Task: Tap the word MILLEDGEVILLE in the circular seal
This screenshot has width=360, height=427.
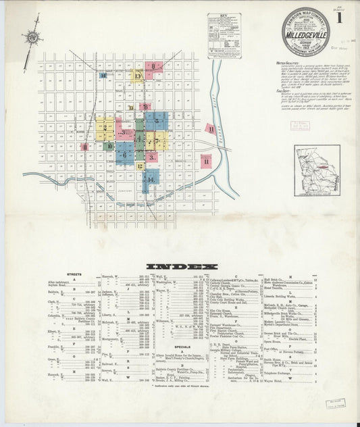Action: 305,30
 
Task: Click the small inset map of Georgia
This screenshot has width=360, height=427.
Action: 317,170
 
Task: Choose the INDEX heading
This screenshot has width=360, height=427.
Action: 182,266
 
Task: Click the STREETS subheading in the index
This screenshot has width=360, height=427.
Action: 74,275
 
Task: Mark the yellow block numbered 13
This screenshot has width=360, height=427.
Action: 137,76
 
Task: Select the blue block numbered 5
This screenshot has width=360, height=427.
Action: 156,121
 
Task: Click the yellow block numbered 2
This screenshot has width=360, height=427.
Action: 105,128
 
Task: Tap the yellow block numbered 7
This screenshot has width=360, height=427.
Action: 156,142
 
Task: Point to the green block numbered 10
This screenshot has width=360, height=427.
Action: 109,145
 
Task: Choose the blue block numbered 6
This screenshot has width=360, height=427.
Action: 124,153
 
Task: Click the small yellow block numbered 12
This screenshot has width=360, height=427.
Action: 140,166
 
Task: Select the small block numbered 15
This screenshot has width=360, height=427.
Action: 103,76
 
